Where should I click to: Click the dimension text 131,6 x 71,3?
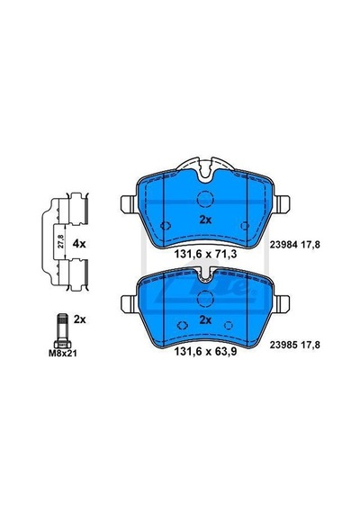(205, 254)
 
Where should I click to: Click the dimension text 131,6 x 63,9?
(205, 352)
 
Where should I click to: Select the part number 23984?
(283, 245)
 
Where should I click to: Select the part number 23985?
(283, 345)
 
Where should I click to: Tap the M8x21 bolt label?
(62, 354)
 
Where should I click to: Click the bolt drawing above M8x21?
(62, 331)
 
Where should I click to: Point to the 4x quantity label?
(79, 244)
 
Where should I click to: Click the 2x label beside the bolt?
(79, 319)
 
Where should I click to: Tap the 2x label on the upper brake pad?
(205, 220)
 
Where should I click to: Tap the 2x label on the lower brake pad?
(205, 320)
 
